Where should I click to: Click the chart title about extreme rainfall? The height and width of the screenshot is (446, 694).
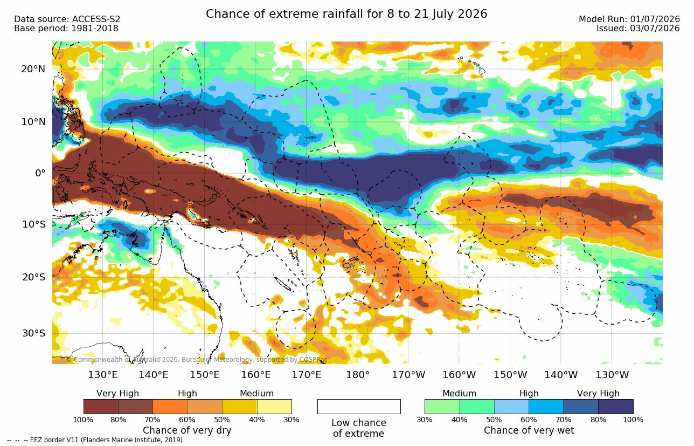[x=346, y=14]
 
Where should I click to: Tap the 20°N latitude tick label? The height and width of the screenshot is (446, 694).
[x=33, y=69]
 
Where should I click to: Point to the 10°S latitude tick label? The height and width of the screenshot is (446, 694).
[x=34, y=224]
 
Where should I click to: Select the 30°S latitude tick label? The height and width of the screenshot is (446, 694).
[x=34, y=333]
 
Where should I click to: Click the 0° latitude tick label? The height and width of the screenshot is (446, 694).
[x=40, y=173]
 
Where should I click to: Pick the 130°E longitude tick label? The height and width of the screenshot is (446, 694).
[x=103, y=375]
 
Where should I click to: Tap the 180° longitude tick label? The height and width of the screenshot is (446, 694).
[x=358, y=375]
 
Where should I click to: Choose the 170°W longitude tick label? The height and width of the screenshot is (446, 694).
[x=408, y=375]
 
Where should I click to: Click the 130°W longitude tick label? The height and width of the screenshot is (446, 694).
[x=612, y=375]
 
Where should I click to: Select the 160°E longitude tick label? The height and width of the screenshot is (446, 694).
[x=255, y=375]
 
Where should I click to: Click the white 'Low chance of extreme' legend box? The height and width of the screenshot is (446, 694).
[x=359, y=406]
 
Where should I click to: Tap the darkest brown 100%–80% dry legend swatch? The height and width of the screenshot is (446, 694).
[x=101, y=406]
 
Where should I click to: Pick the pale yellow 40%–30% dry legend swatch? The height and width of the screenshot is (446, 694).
[x=274, y=406]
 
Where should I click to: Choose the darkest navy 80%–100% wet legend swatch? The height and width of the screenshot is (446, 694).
[x=616, y=406]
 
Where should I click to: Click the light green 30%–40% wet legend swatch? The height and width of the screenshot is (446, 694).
[x=442, y=406]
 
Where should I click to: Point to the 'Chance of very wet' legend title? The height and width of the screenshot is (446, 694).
[x=529, y=430]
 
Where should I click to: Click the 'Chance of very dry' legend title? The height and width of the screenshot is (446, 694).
[x=187, y=430]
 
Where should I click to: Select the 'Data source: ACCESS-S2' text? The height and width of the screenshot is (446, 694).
[x=67, y=19]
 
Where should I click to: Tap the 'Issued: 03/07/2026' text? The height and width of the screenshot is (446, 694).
[x=638, y=28]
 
